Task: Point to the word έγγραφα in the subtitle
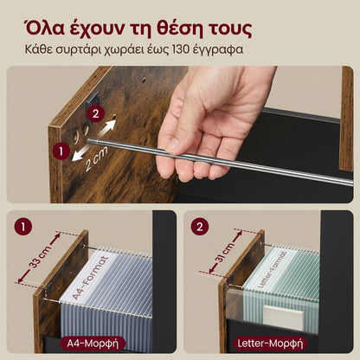(220, 50)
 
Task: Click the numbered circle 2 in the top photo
(95, 113)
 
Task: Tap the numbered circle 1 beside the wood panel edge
(61, 151)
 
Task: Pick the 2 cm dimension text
(97, 158)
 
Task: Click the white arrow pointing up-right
(106, 127)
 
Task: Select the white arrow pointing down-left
(80, 152)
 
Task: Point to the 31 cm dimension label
(225, 254)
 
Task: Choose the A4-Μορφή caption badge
(93, 344)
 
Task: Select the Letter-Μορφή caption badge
(270, 344)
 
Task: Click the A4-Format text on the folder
(90, 278)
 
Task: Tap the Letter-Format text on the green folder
(271, 269)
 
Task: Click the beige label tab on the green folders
(283, 318)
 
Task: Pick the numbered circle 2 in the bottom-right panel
(199, 227)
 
